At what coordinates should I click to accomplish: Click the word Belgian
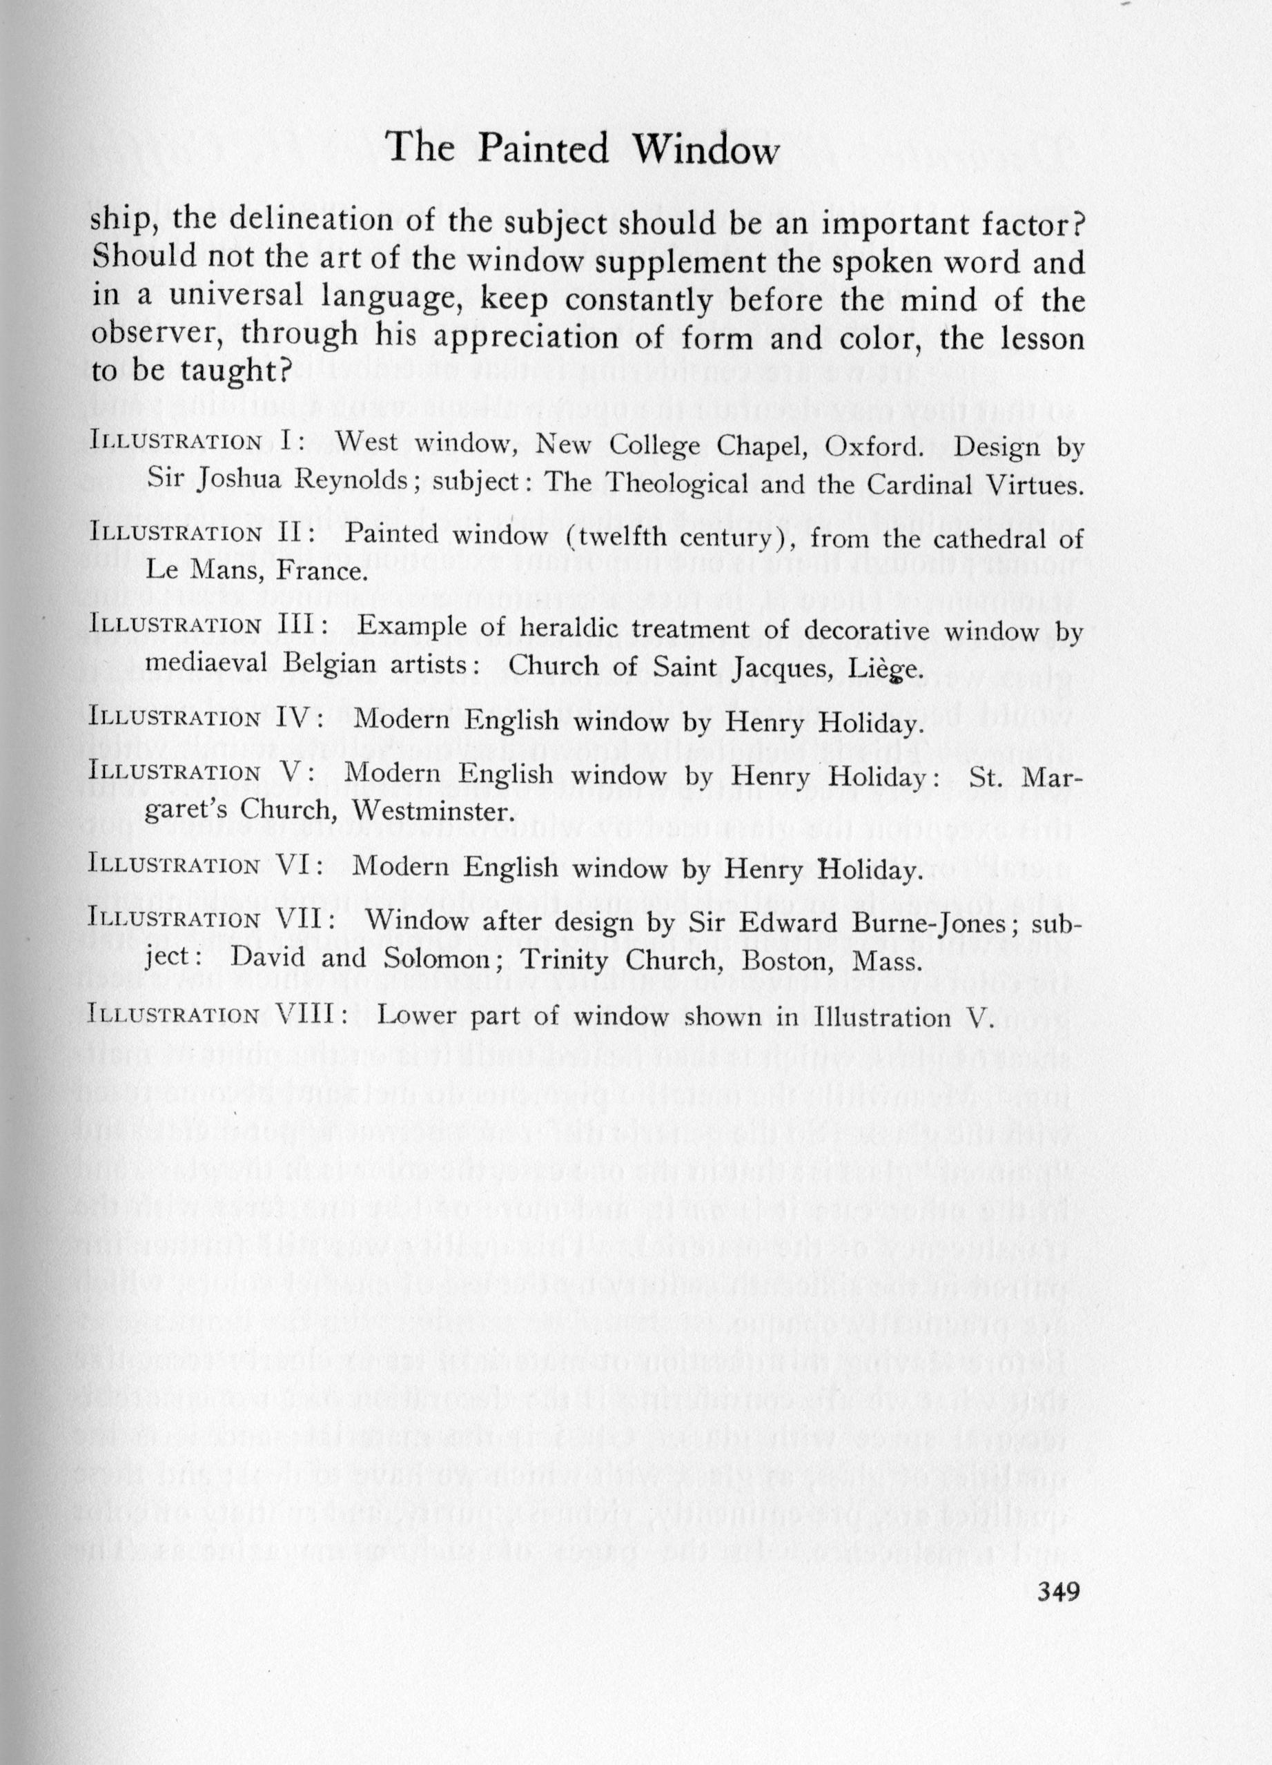tap(335, 665)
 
